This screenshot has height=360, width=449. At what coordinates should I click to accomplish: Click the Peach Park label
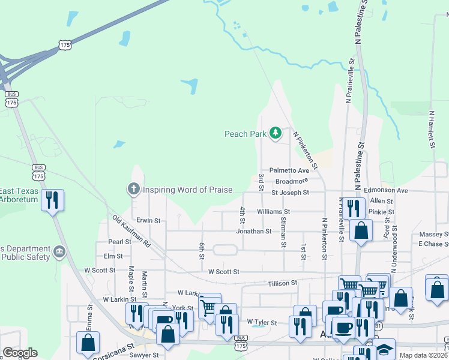[245, 134]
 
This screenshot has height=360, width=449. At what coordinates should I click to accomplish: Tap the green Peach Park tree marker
[276, 132]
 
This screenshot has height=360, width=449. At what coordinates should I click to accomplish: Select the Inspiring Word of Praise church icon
[133, 190]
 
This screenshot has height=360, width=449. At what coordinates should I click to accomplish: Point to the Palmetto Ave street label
[289, 170]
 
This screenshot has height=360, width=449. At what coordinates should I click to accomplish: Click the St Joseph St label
[290, 193]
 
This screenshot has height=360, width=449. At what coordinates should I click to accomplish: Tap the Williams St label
[273, 212]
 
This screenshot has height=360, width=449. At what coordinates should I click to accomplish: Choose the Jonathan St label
[254, 231]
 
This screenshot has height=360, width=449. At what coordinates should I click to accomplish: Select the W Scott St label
[224, 272]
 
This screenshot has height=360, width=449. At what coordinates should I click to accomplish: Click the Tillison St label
[282, 283]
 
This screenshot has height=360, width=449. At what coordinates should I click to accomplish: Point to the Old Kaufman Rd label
[130, 229]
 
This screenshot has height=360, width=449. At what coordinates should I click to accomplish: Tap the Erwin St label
[148, 220]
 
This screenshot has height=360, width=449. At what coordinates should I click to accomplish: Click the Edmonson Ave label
[385, 190]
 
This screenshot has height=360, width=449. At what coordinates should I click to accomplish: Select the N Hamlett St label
[431, 129]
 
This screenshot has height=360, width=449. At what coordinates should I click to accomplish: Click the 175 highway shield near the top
[65, 45]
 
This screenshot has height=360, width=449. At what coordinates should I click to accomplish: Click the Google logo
[20, 353]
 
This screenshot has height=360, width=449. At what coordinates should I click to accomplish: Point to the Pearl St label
[119, 242]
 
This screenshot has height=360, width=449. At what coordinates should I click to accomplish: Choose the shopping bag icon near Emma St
[88, 343]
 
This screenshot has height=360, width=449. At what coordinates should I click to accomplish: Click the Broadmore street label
[292, 181]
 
